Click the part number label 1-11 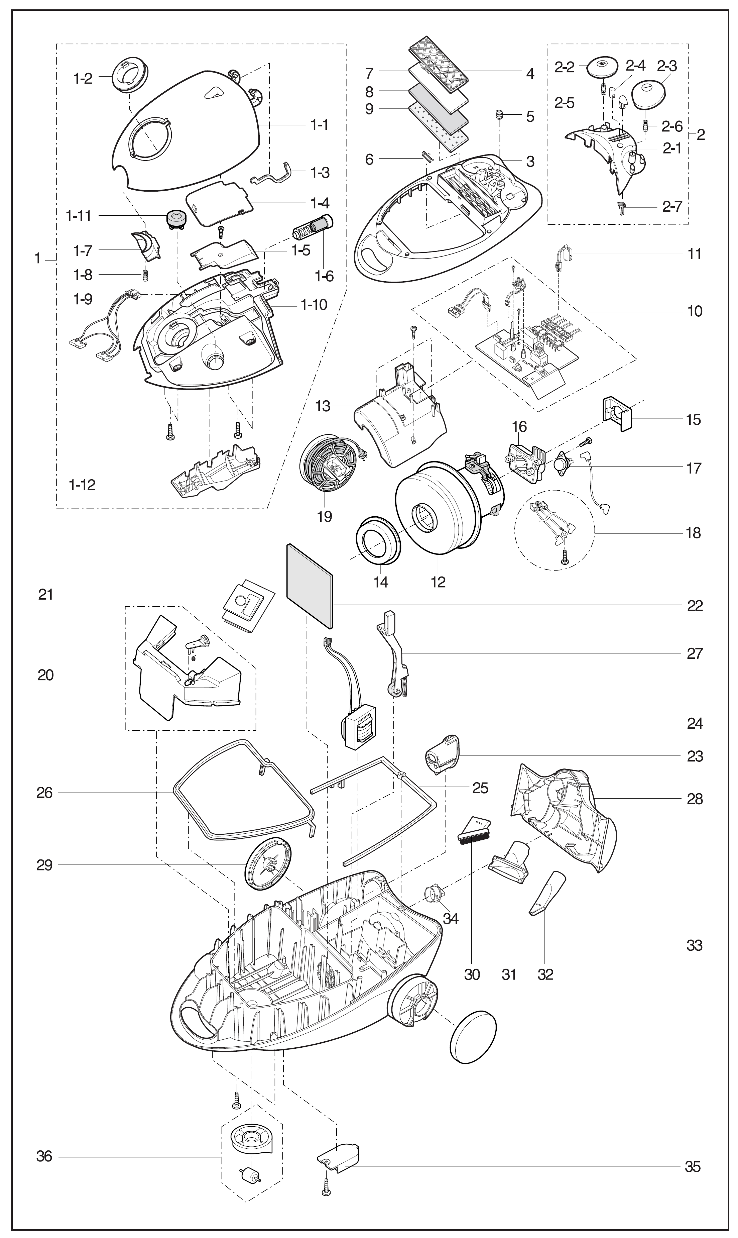pyautogui.click(x=79, y=216)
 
